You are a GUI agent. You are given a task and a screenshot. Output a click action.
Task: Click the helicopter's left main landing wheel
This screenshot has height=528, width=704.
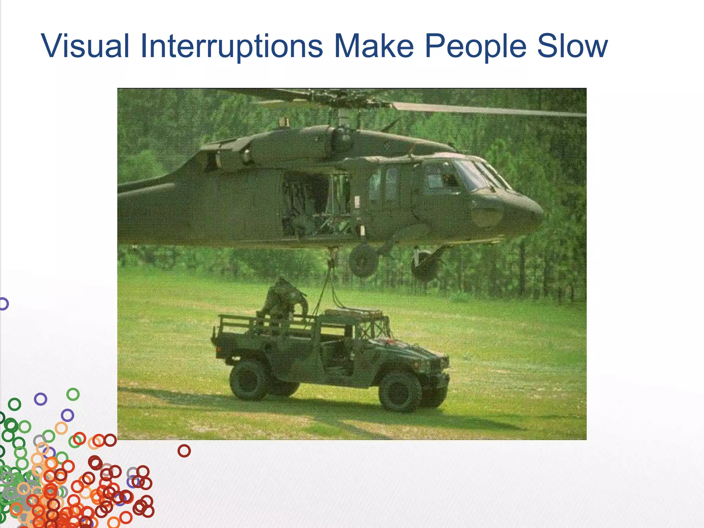[363, 261]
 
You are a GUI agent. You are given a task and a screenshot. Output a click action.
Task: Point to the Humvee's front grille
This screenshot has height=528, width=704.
[438, 364]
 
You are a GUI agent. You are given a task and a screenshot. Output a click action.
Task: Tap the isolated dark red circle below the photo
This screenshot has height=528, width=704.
[184, 450]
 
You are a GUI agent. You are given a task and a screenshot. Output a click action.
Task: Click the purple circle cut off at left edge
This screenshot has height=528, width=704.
[3, 304]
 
